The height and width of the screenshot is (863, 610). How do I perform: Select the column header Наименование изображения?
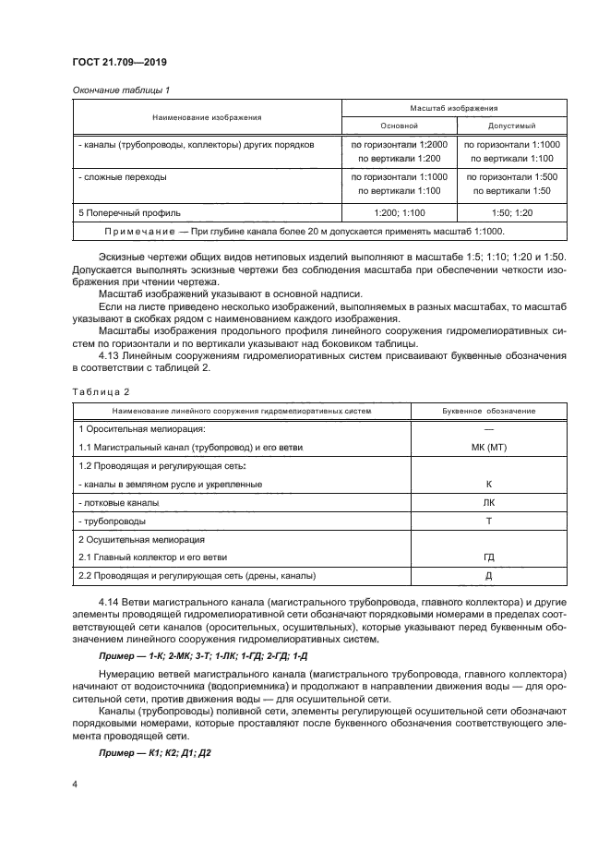[207, 117]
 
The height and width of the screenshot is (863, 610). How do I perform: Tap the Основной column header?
[400, 126]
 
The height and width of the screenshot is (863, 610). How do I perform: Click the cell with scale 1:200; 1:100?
[400, 212]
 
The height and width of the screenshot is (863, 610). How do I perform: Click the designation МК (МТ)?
[488, 447]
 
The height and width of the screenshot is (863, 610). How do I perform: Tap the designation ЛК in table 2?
[488, 503]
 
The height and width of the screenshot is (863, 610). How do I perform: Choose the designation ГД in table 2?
[488, 557]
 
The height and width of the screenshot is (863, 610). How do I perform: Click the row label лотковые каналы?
[119, 503]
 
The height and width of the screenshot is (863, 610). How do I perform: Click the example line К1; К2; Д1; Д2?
[156, 753]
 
